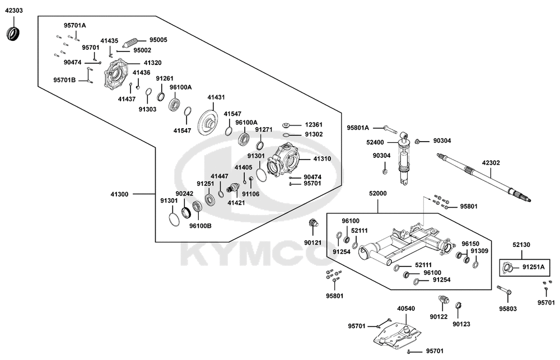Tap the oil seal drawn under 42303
point(13,33)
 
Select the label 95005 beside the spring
point(158,40)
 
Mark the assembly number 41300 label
point(120,194)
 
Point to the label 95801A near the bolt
point(358,128)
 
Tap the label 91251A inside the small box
point(533,267)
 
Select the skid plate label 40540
point(406,308)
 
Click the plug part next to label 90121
point(314,225)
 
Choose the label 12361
point(314,124)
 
